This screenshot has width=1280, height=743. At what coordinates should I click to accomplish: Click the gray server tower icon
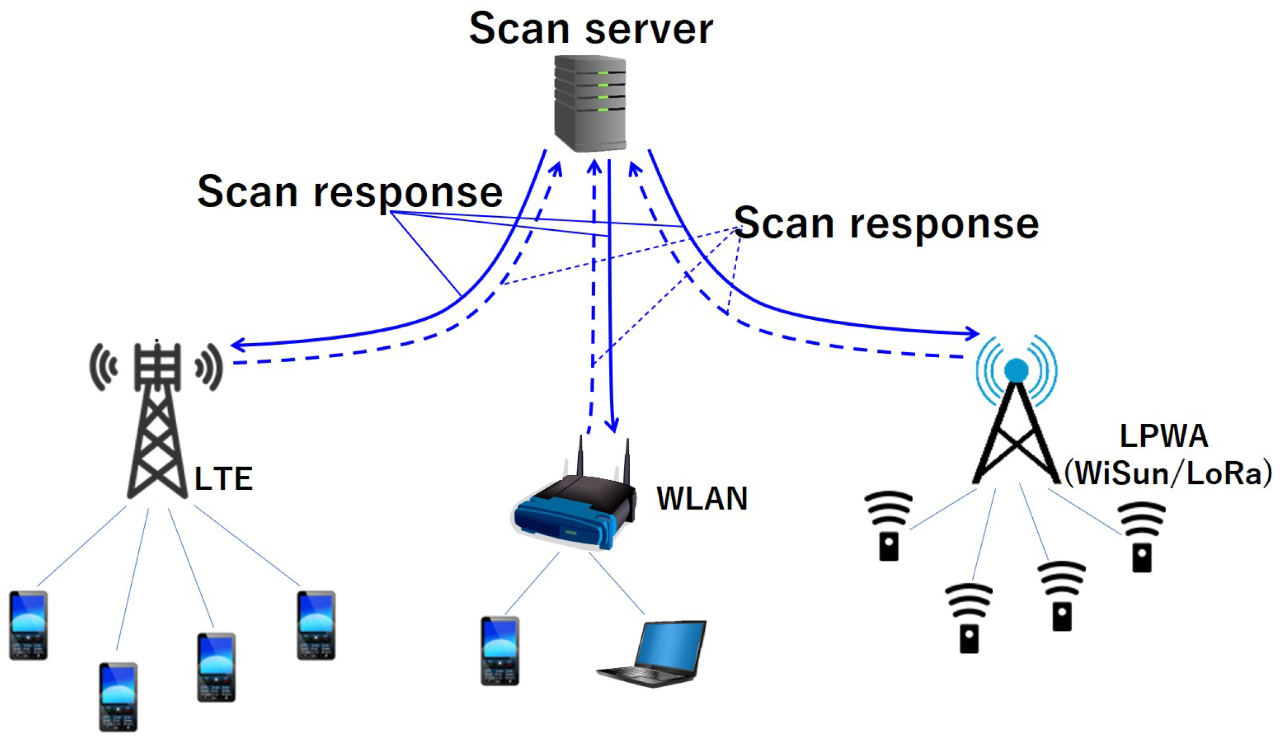pos(590,104)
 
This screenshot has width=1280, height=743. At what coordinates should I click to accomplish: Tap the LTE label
pos(223,479)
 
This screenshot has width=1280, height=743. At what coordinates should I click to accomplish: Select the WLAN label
pos(702,498)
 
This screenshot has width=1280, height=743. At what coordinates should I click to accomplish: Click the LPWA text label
pos(1163,436)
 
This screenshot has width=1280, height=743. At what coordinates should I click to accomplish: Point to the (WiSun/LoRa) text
pos(1168,473)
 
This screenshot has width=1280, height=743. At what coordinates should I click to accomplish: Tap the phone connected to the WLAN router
pos(500,651)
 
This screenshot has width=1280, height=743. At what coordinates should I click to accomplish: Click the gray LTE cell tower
pos(157,423)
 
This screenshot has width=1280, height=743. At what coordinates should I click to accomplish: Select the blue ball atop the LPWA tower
pos(1016,370)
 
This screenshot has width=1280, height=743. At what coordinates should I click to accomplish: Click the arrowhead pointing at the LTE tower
pos(237,344)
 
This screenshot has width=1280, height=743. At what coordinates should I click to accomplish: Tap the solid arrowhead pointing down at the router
pos(613,425)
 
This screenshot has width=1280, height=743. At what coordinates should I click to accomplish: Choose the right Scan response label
pos(886,223)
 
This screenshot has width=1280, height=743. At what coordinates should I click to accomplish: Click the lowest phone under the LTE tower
pos(118,696)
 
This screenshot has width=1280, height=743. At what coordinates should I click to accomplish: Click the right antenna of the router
pos(627,463)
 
